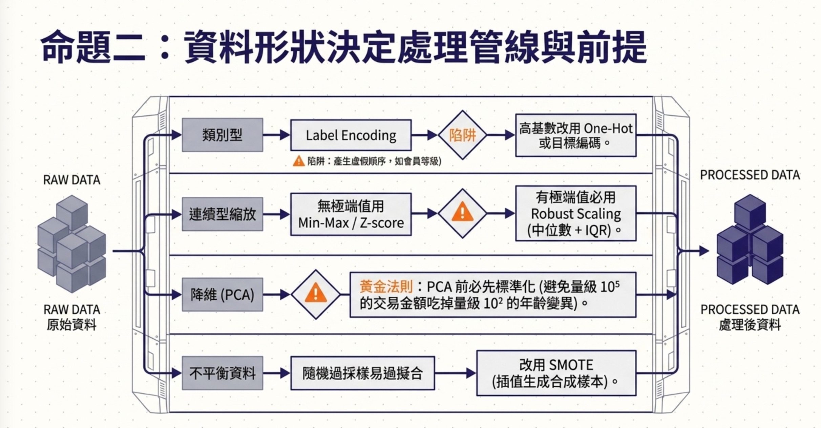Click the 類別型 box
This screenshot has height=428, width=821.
[223, 135]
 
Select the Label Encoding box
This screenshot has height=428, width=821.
[351, 135]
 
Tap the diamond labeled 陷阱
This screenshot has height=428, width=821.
[463, 135]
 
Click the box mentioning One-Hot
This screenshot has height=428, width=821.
[576, 135]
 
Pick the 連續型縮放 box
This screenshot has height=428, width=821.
[223, 214]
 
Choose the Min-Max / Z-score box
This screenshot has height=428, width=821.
[351, 214]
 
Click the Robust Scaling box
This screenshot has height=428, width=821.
[576, 213]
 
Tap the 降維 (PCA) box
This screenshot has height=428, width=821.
[223, 295]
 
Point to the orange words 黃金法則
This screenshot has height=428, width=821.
[386, 287]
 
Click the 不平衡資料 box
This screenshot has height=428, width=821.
[223, 373]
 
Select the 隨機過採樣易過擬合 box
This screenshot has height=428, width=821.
[362, 373]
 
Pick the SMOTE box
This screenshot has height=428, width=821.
[556, 373]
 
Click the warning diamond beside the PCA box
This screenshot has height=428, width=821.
[316, 295]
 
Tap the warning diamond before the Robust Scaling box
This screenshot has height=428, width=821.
[463, 213]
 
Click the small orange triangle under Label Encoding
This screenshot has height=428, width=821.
[299, 161]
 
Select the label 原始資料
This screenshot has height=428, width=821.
[72, 325]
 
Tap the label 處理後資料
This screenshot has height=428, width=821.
[750, 325]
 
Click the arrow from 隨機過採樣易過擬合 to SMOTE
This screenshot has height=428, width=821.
[456, 373]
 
